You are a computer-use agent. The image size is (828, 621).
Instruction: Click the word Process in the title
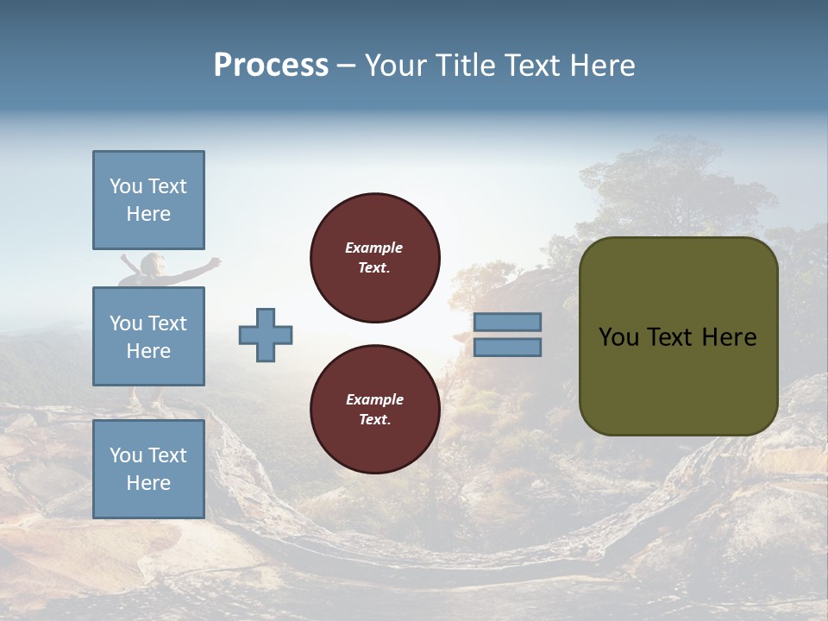271,66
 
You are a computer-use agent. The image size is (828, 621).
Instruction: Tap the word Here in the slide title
601,66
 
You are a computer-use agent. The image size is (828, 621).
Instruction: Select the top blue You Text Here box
148,200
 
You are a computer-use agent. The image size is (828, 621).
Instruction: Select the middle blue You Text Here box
148,336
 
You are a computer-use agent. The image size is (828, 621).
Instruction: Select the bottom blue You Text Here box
148,468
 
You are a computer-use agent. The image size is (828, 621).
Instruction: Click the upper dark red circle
374,258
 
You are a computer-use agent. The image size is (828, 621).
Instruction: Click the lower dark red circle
374,409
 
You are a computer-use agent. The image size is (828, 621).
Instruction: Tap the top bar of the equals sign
507,322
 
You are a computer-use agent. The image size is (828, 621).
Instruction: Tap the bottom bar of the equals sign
507,348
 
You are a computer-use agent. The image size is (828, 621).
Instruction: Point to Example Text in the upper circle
374,258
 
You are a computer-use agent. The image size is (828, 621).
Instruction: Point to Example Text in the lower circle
374,409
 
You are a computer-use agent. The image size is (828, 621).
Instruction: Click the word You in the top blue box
125,186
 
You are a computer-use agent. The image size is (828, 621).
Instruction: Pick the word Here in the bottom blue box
148,483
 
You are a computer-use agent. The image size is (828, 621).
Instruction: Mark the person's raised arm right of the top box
212,264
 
